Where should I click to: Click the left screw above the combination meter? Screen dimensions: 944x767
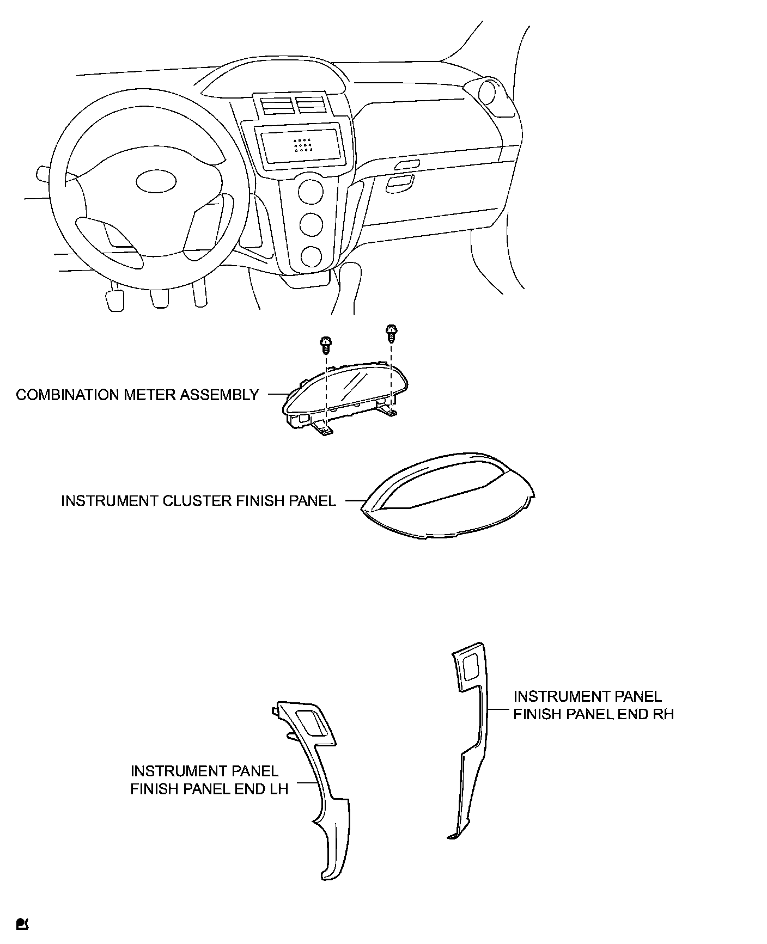pyautogui.click(x=326, y=344)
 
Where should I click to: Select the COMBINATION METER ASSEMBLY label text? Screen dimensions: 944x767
pyautogui.click(x=137, y=395)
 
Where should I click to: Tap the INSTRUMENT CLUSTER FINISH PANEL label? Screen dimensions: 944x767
pyautogui.click(x=198, y=500)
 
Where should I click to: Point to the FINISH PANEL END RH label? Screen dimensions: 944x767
pyautogui.click(x=593, y=705)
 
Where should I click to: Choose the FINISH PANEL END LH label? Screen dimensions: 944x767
pyautogui.click(x=209, y=780)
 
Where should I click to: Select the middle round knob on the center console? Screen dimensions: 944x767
pyautogui.click(x=311, y=224)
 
